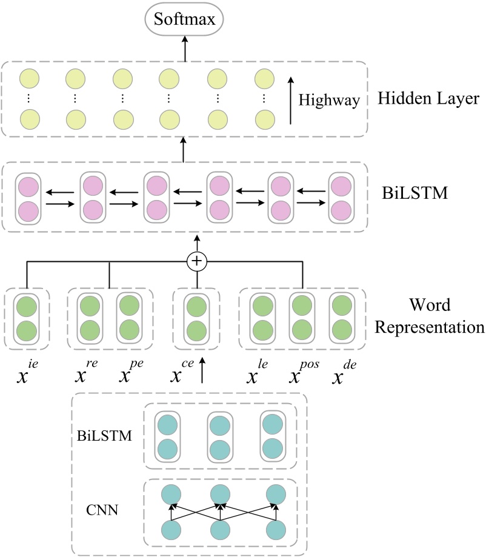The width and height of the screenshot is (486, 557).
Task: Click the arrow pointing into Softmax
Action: (185, 52)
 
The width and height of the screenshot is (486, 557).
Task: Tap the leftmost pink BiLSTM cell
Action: (27, 197)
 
